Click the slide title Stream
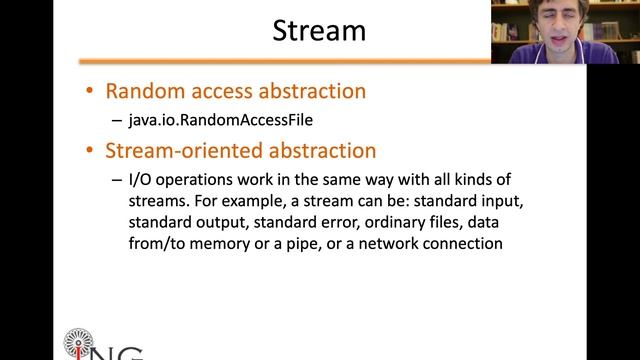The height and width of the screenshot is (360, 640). tap(319, 31)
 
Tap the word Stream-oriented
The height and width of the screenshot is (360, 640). tap(177, 151)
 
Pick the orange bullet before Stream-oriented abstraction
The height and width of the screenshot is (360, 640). tap(90, 152)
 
